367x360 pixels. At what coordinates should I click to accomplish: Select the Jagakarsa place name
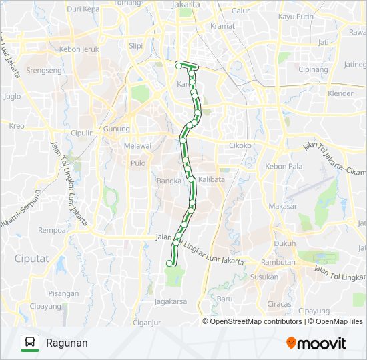pyautogui.click(x=171, y=301)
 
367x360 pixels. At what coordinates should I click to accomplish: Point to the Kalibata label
pyautogui.click(x=212, y=179)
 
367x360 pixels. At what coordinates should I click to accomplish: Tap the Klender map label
pyautogui.click(x=340, y=93)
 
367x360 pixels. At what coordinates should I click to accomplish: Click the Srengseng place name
pyautogui.click(x=43, y=69)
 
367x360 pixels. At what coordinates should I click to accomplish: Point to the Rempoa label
pyautogui.click(x=52, y=230)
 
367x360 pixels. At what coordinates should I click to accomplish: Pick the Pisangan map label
pyautogui.click(x=64, y=292)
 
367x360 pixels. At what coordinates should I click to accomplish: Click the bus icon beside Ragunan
pyautogui.click(x=30, y=343)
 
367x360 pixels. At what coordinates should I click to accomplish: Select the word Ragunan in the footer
pyautogui.click(x=67, y=343)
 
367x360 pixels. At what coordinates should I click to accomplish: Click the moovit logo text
pyautogui.click(x=322, y=343)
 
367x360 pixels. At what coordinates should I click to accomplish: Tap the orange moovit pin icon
pyautogui.click(x=291, y=343)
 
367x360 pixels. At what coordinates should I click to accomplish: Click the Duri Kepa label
pyautogui.click(x=83, y=9)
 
